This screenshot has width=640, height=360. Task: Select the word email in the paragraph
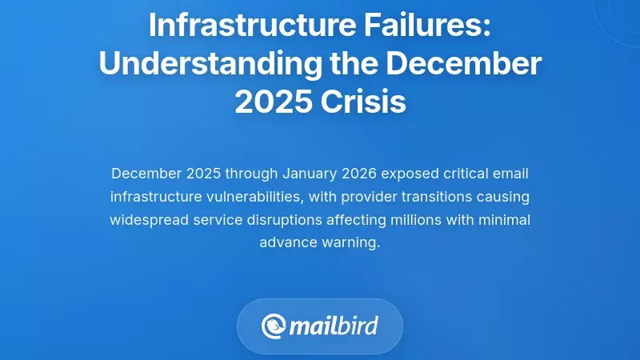(510, 174)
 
